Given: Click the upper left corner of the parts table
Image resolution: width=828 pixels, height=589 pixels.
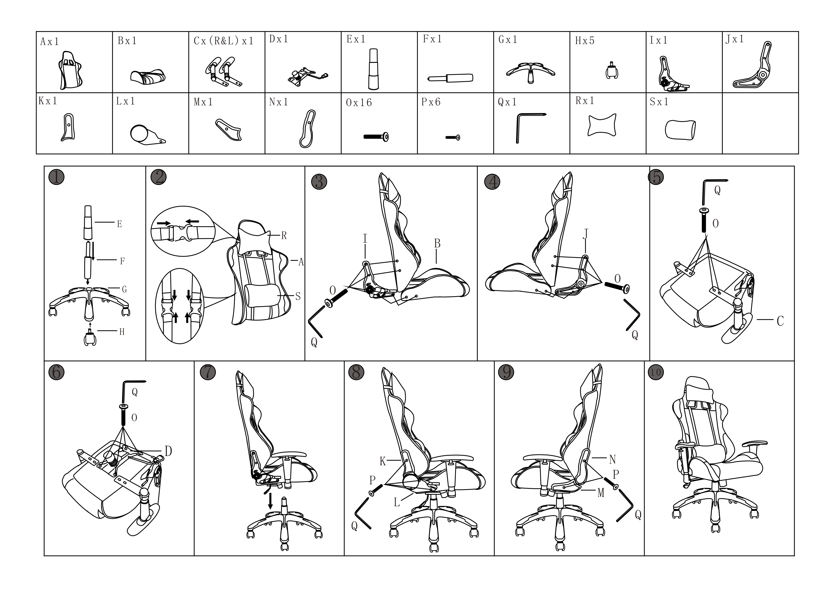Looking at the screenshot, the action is tap(36, 32).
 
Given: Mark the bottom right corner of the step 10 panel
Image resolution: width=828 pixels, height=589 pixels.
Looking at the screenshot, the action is tap(794, 556).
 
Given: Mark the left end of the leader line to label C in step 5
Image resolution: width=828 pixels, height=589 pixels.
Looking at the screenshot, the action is tap(757, 320).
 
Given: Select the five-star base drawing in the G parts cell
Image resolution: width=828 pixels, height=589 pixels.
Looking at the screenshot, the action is tap(531, 73).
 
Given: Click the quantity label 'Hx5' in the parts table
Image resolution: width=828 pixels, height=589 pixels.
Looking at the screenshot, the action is tap(585, 41).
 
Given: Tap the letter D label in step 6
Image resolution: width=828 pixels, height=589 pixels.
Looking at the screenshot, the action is tap(168, 451).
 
